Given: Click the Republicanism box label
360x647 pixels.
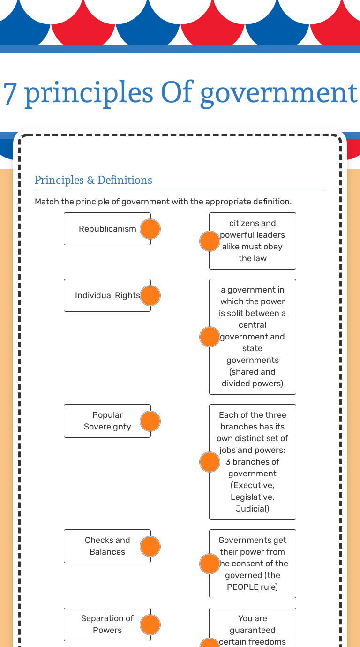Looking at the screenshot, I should point(107,229).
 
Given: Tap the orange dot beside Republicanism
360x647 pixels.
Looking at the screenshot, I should point(150,229).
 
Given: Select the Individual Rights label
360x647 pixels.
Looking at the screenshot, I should point(107,295).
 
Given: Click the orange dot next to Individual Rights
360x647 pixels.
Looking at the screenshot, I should point(150,295).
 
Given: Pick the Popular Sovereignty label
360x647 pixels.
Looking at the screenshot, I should point(107,421).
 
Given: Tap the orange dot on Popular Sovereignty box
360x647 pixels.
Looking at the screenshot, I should point(150,421).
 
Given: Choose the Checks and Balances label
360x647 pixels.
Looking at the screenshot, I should point(107,546).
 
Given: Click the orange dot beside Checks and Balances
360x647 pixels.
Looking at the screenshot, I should point(150,546).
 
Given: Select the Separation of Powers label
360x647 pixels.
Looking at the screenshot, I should point(107,624).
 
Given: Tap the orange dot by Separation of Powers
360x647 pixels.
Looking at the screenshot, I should point(150,624).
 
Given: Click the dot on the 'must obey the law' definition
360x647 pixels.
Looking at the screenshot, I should point(210,241).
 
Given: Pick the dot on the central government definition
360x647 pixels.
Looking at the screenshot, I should point(210,337).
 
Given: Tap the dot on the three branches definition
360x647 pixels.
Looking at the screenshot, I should point(210,462).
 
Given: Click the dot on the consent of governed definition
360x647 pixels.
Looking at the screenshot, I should point(210,564).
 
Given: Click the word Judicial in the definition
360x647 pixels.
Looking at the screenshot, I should point(252,509).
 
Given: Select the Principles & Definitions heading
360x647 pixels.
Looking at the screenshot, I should point(93,180).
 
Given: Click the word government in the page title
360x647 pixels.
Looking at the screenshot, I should point(278,92).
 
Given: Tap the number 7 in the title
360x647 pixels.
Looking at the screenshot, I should point(10,92).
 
